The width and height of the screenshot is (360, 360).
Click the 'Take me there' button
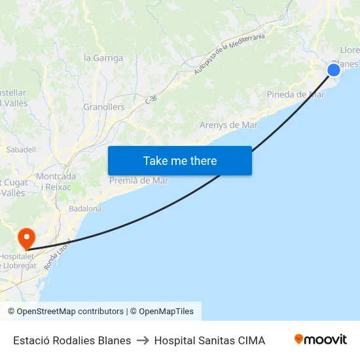point(179,160)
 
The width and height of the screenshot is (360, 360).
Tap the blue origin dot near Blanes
point(334,69)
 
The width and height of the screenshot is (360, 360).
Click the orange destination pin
point(26,238)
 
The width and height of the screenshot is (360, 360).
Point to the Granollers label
point(103,107)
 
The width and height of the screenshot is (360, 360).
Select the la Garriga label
point(103,58)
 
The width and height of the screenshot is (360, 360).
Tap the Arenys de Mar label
point(228,125)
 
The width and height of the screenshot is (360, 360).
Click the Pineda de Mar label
point(295,94)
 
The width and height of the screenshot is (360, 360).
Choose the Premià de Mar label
point(139,181)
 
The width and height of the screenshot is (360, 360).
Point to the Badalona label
point(85,209)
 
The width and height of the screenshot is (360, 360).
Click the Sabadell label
point(20,149)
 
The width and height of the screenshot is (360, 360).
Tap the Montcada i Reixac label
point(56,181)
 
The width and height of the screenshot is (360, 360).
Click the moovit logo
point(320,339)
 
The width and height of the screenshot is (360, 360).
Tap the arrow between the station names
point(143,340)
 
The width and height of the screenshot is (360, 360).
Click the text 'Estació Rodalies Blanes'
point(72,340)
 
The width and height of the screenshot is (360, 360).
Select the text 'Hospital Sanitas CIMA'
point(209,340)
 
